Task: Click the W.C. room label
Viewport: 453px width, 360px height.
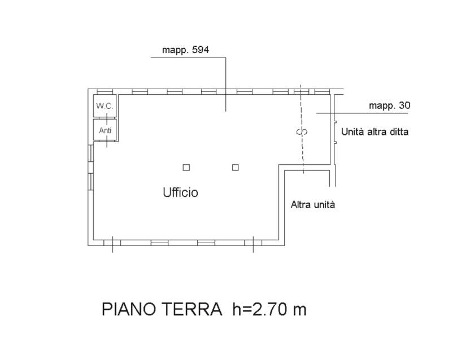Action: tap(104, 106)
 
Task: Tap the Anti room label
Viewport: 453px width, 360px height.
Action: tap(105, 130)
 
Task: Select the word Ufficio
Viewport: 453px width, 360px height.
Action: tap(181, 192)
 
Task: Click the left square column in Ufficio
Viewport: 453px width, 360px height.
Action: tap(186, 168)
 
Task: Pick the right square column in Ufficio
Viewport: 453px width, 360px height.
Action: tap(236, 168)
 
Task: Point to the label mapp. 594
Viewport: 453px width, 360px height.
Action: tap(185, 50)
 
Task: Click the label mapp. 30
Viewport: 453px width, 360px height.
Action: tap(389, 106)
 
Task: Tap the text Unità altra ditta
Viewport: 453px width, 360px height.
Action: tap(374, 131)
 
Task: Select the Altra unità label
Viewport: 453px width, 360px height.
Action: tap(313, 205)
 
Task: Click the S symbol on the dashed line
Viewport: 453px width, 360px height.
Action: tap(302, 132)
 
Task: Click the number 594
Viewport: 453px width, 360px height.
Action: tap(201, 50)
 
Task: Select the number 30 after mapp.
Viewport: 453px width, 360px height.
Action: tap(404, 106)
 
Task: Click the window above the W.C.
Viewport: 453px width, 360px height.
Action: tap(104, 91)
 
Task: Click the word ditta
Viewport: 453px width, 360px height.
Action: tap(398, 131)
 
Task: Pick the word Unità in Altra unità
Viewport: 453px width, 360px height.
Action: tap(324, 205)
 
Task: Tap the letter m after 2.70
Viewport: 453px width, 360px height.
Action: tap(299, 311)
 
